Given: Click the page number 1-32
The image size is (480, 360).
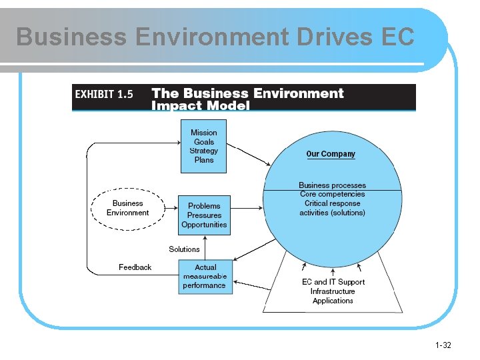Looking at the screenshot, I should tap(443, 345).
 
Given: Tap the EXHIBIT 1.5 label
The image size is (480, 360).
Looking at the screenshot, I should tap(104, 95).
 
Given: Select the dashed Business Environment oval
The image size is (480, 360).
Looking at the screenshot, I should tap(127, 208).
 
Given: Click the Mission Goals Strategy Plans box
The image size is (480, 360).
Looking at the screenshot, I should tap(203, 146).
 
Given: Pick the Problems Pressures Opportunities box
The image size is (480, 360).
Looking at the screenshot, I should tap(204, 215).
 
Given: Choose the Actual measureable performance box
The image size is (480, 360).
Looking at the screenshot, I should tap(205, 276).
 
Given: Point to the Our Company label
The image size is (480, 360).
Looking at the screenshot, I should tap(331, 154).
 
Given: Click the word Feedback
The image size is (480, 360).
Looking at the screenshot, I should tap(135, 267).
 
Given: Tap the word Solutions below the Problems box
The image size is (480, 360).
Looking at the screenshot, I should tap(184, 249).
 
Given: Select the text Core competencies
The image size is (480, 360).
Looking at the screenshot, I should tap(332, 194).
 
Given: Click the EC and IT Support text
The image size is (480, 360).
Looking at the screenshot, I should tap(333, 282).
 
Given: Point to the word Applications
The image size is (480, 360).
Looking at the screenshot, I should tap(333, 301).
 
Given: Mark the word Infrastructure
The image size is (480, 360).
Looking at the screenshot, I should tap(333, 291).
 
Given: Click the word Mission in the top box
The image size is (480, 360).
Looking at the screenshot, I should tap(203, 133).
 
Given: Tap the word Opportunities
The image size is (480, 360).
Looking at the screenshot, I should tap(204, 225).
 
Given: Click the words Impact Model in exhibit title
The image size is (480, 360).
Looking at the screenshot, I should tap(201, 105).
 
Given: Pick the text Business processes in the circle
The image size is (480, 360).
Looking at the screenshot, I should tap(332, 185).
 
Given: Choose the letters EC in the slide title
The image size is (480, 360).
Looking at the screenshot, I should tap(399, 37).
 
